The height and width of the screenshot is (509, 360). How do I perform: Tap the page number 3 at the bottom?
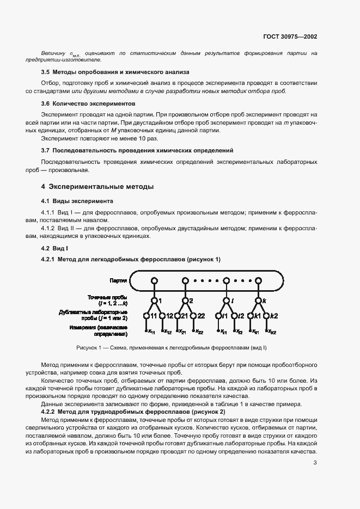tap(315, 463)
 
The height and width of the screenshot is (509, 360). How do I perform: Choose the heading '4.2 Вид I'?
tap(55, 248)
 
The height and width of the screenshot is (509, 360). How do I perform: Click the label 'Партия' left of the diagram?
tap(118, 281)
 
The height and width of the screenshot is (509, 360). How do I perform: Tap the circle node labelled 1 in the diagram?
tap(154, 300)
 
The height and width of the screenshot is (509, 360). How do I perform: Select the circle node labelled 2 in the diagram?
tap(185, 300)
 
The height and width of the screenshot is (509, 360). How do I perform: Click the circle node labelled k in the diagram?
tap(258, 300)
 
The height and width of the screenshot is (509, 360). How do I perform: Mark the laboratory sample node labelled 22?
tap(193, 316)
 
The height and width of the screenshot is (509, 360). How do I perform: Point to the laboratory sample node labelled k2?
tap(267, 316)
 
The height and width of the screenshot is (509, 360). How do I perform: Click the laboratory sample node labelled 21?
tap(177, 316)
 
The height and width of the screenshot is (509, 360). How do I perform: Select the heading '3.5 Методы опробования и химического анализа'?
tap(115, 71)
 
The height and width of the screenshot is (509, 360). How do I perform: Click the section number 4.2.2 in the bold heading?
tap(51, 412)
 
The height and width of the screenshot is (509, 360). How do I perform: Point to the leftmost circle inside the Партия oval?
tap(154, 281)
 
